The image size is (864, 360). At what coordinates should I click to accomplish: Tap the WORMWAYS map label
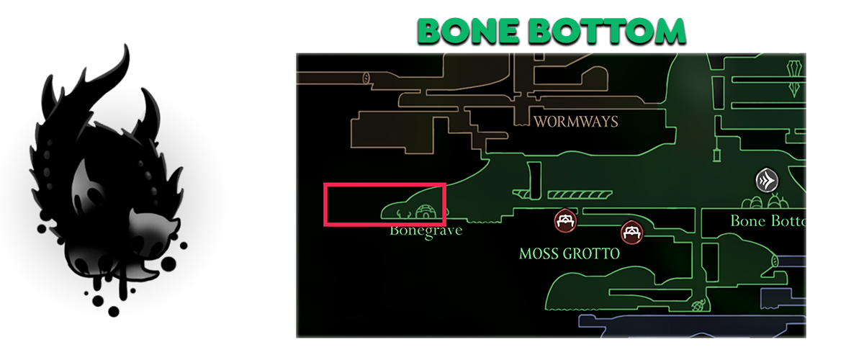point(575,121)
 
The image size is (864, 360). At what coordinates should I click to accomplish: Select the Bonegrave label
point(426,231)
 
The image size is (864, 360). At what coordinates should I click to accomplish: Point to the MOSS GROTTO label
point(569,253)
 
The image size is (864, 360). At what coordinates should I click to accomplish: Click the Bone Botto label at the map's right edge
point(768,220)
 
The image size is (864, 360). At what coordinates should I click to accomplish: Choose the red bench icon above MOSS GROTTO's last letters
point(631,231)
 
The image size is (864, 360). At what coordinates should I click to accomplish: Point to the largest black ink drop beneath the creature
point(113,311)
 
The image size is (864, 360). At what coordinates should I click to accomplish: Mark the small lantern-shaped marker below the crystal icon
point(717,156)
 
